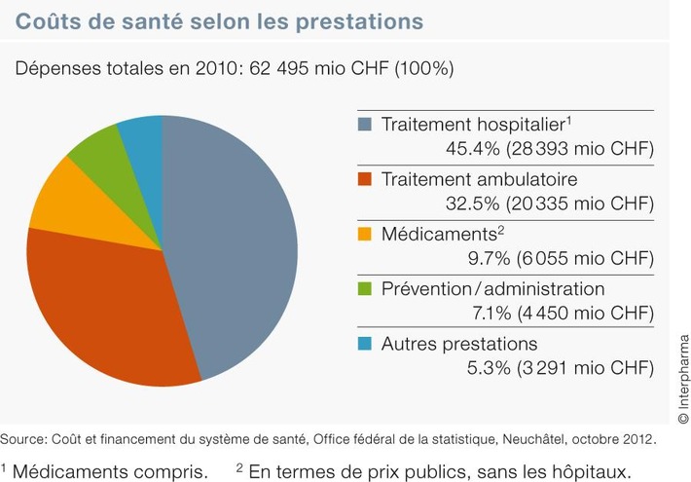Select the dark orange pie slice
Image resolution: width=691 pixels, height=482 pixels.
(107, 302)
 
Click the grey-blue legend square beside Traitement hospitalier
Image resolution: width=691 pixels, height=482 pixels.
(365, 125)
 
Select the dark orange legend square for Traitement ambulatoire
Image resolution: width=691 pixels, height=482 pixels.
(365, 180)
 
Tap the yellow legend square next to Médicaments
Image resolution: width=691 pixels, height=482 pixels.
(365, 235)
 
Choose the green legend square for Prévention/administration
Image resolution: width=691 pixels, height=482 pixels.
(365, 290)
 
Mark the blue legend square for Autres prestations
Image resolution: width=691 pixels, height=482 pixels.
(365, 345)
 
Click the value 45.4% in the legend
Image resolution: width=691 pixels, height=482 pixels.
(470, 149)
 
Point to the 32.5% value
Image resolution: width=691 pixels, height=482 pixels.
(470, 204)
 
